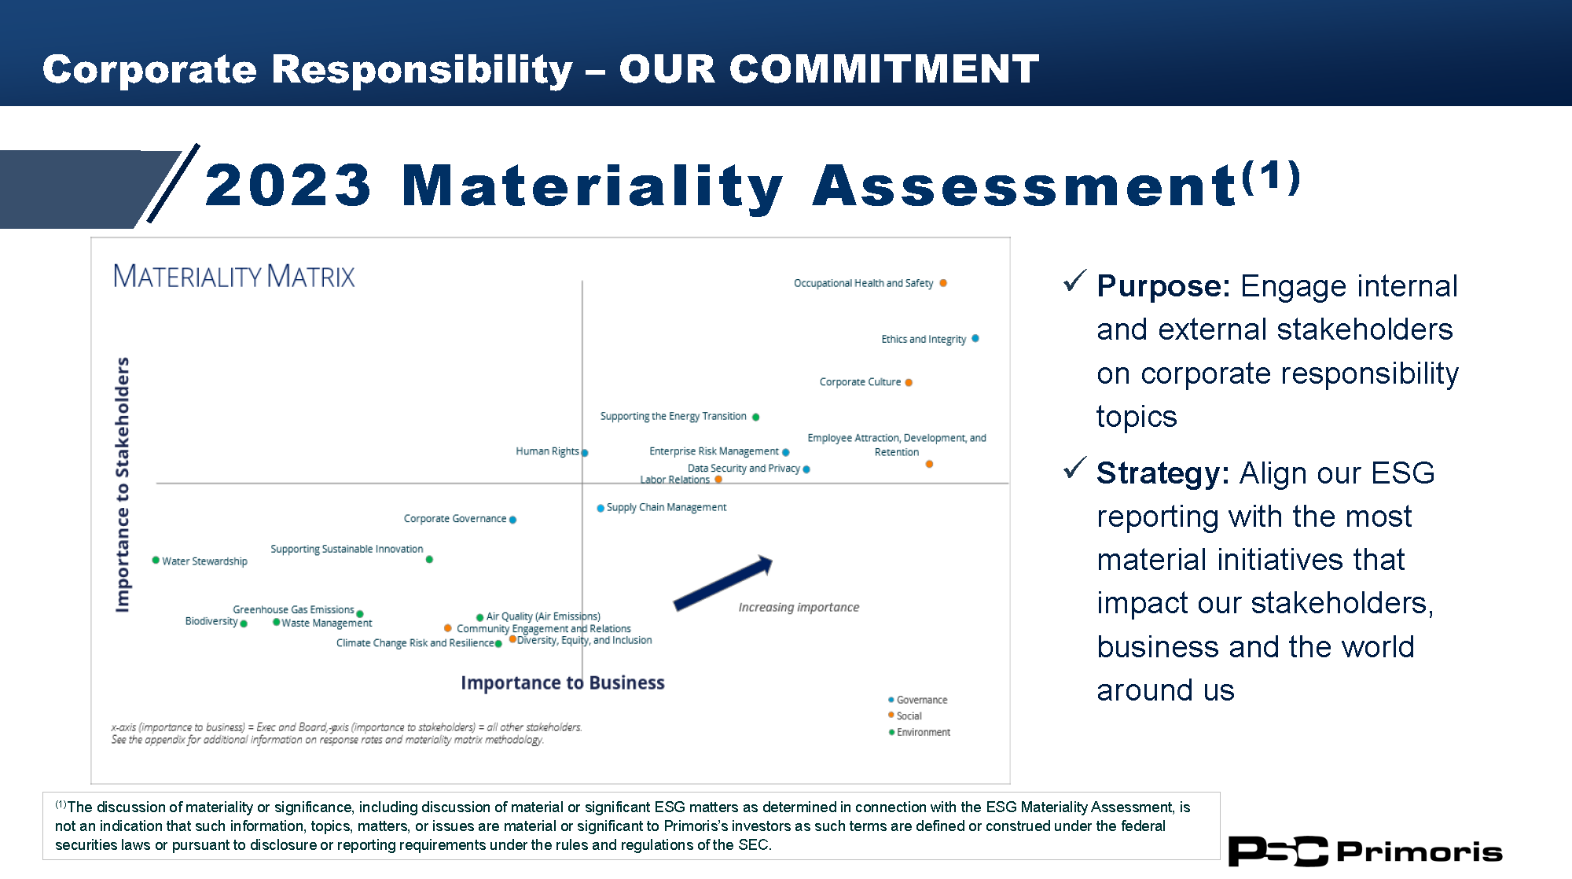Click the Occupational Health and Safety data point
click(943, 283)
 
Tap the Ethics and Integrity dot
click(975, 339)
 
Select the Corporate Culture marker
click(909, 383)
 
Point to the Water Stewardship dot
click(156, 560)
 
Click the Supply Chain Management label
click(667, 508)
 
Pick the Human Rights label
click(547, 451)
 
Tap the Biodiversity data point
click(244, 623)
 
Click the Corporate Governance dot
click(512, 520)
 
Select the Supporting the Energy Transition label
click(674, 417)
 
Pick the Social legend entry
click(905, 715)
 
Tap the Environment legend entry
click(920, 732)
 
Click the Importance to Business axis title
click(563, 682)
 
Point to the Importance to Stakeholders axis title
click(122, 484)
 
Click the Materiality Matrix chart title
click(233, 276)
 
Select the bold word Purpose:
click(1163, 286)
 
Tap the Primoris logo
click(1365, 851)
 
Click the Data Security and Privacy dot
click(806, 469)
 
